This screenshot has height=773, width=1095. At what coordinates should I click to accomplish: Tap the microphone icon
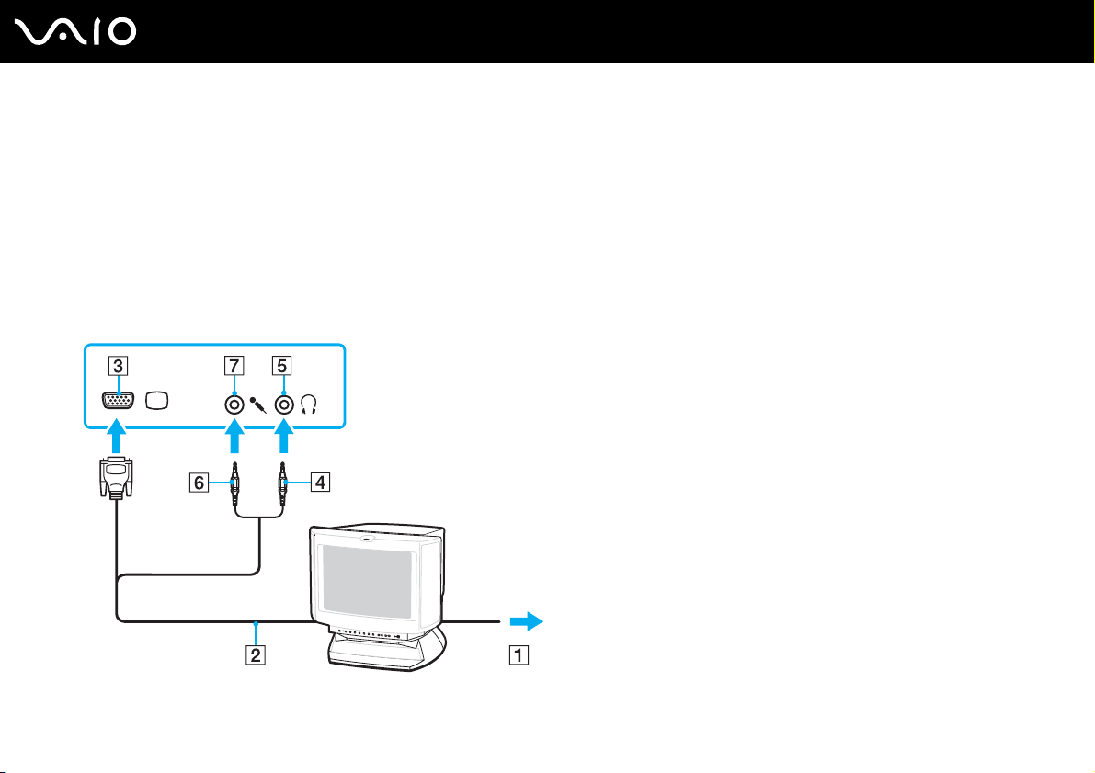pyautogui.click(x=258, y=404)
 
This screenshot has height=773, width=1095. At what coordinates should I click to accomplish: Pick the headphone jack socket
pyautogui.click(x=284, y=403)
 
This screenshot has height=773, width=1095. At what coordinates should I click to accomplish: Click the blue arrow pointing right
pyautogui.click(x=525, y=621)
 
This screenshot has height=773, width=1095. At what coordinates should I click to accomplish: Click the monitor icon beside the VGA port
pyautogui.click(x=158, y=402)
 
